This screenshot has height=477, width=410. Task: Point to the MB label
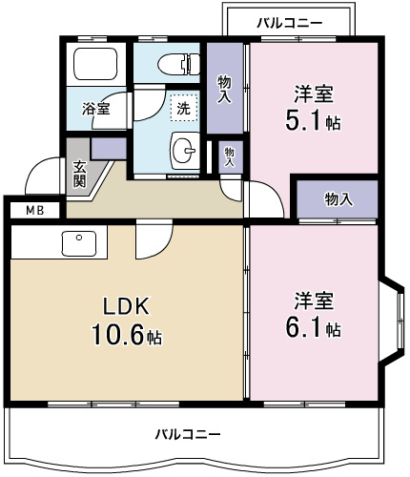[34, 210]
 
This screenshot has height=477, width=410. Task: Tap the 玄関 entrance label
[79, 172]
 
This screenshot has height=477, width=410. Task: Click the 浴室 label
[95, 108]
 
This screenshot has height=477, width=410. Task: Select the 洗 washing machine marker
[182, 108]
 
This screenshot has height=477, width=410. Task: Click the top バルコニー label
[290, 21]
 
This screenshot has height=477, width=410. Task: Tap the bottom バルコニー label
[189, 434]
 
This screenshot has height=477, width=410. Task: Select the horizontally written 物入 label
[338, 198]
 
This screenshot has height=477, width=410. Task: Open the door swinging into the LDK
[150, 241]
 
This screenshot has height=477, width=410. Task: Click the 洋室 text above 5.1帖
[314, 93]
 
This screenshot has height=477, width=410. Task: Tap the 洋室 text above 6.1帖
[314, 300]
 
